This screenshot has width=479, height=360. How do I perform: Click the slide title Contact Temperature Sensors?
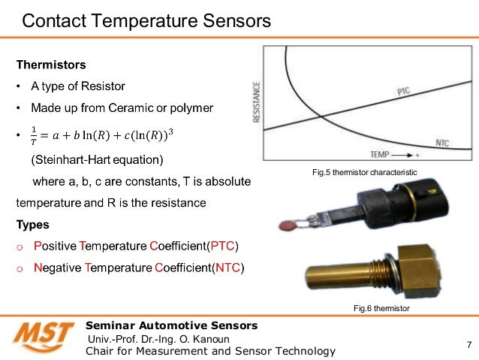[146, 21]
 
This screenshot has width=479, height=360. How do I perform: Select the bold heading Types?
[33, 225]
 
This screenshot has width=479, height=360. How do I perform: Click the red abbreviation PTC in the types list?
[222, 246]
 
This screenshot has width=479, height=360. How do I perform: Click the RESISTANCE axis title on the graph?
[257, 101]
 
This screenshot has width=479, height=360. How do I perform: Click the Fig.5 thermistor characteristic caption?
[363, 173]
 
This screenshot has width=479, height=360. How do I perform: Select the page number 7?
[468, 346]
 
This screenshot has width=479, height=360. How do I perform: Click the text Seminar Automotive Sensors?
[172, 325]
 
